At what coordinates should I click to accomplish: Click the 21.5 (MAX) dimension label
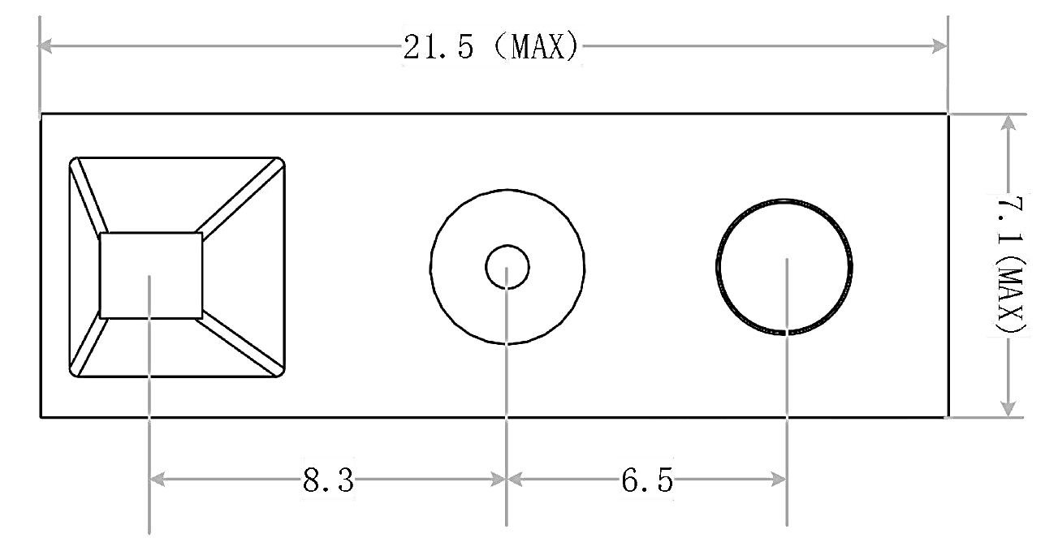click(x=492, y=48)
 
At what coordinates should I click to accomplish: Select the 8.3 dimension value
click(x=328, y=480)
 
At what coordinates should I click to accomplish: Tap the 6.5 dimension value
click(x=647, y=480)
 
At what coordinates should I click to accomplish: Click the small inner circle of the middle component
click(x=507, y=266)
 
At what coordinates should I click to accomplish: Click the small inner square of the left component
click(x=150, y=275)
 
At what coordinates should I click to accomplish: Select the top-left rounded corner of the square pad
click(x=76, y=163)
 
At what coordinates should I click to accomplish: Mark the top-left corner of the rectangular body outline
click(x=41, y=114)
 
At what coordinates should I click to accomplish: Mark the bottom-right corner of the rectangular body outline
click(x=947, y=418)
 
